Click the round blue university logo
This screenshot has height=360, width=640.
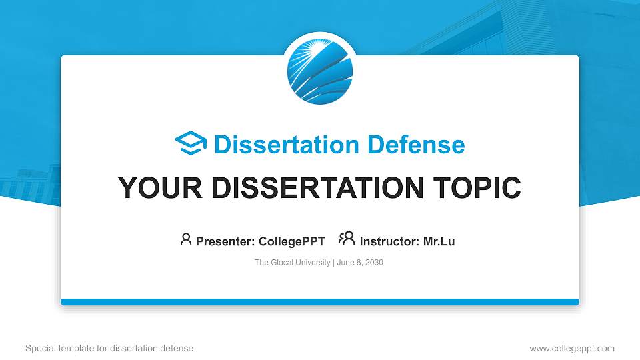(320, 69)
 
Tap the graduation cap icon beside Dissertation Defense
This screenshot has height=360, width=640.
(191, 144)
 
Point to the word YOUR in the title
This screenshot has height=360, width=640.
(154, 188)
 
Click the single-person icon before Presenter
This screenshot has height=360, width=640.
(186, 239)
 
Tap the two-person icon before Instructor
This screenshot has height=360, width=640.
(347, 239)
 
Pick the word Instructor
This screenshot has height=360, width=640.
(389, 241)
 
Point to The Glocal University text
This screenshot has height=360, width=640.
(292, 263)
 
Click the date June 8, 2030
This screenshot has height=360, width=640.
(360, 263)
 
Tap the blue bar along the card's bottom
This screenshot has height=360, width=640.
(320, 302)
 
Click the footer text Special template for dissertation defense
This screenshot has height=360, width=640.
(109, 348)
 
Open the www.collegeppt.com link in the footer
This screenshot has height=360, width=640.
(572, 348)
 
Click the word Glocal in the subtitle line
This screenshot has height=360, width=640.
(282, 263)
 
